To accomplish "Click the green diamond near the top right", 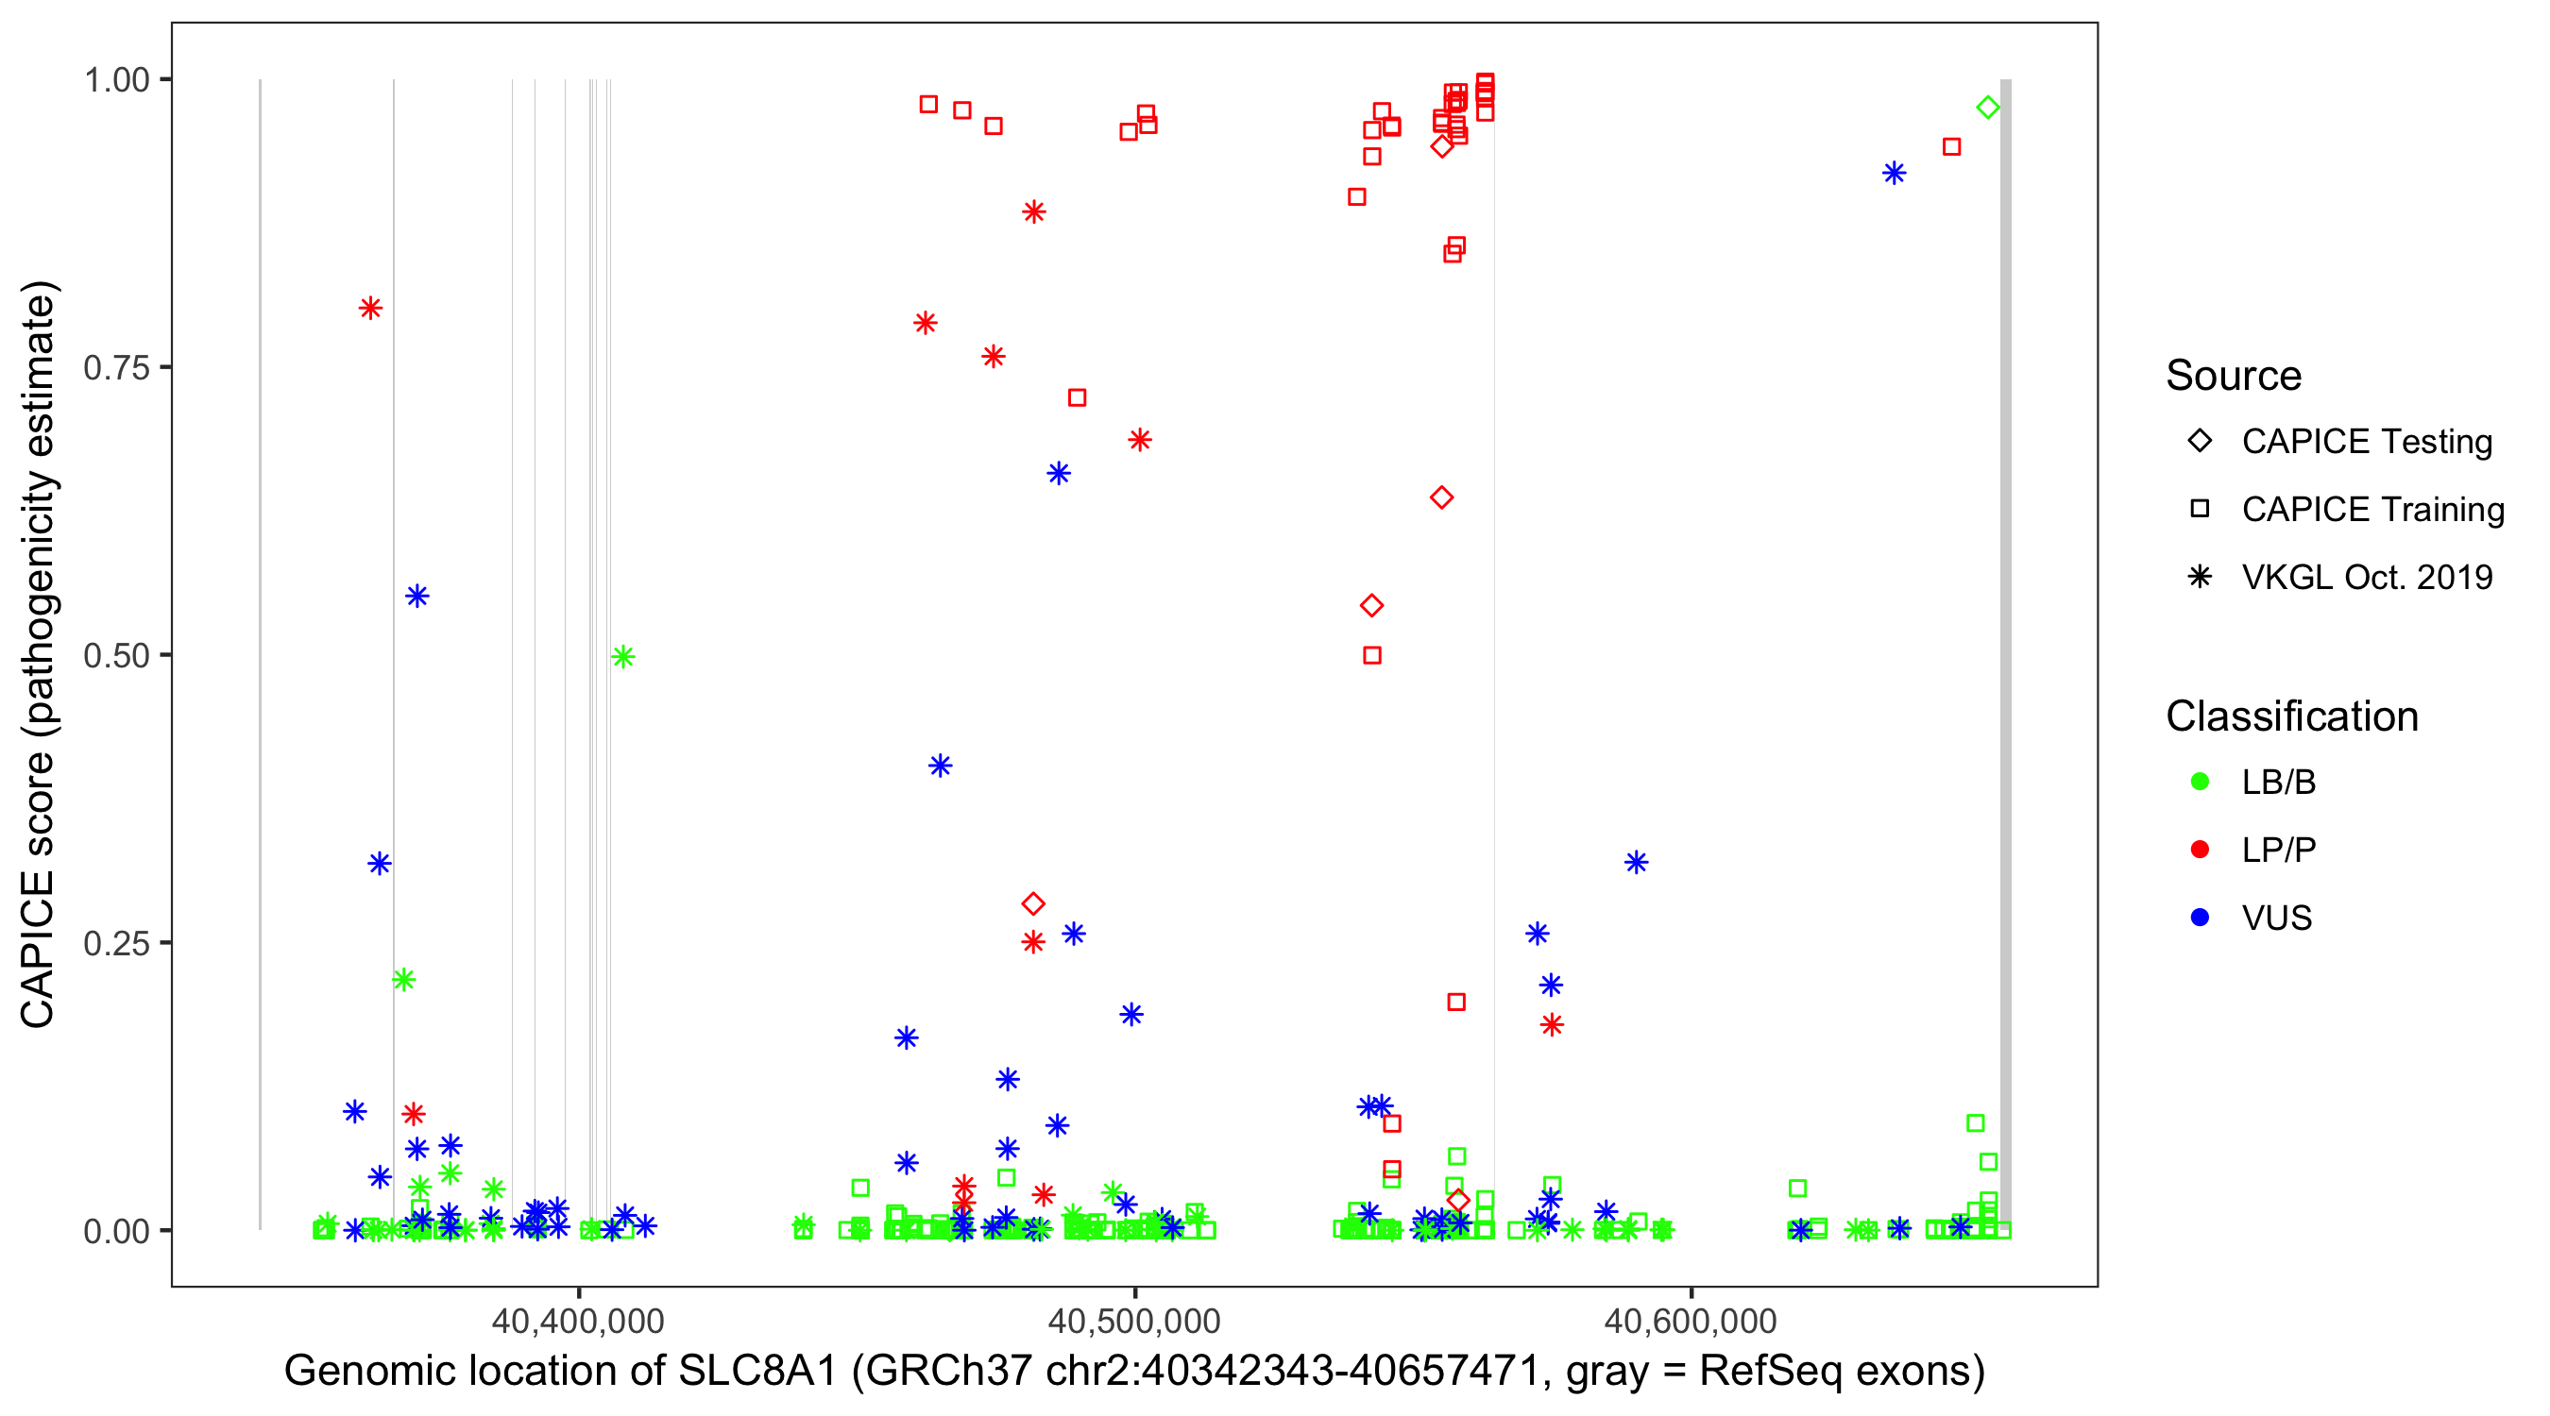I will (1987, 108).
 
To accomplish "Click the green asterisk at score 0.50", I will (622, 656).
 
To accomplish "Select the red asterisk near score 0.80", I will (371, 308).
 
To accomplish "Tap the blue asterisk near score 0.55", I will (417, 596).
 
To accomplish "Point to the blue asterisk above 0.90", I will (1894, 173).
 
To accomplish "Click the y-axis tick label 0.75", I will (116, 368).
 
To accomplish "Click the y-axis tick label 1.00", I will (116, 80).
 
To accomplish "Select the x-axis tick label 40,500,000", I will (1134, 1320).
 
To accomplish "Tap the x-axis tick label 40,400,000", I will (578, 1320).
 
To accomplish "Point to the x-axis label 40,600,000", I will (1691, 1320).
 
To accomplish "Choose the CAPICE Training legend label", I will (2372, 510).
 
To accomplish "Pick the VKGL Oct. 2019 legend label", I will (2367, 577).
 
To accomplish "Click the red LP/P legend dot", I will (2200, 850).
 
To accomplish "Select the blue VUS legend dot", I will (2200, 918).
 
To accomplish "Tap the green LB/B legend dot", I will (2200, 782).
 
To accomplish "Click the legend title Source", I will (2234, 376).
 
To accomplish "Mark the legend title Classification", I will (2291, 716).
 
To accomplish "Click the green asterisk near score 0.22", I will (403, 980).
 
